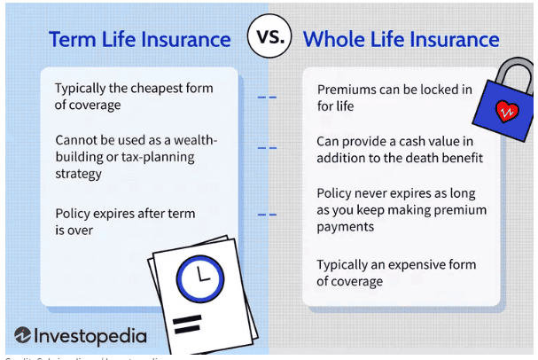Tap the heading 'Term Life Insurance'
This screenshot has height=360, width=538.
click(x=140, y=40)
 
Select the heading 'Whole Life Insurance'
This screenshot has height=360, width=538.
click(x=401, y=40)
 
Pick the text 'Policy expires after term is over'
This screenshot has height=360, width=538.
click(x=124, y=223)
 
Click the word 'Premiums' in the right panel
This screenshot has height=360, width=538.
click(x=347, y=90)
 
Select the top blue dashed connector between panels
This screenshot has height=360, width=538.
click(x=267, y=98)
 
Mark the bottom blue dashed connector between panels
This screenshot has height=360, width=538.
click(x=267, y=215)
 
